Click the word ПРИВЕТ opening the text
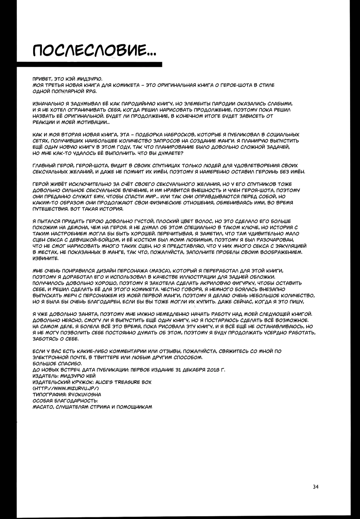click(41, 79)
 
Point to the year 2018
click(212, 370)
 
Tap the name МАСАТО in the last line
click(42, 407)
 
